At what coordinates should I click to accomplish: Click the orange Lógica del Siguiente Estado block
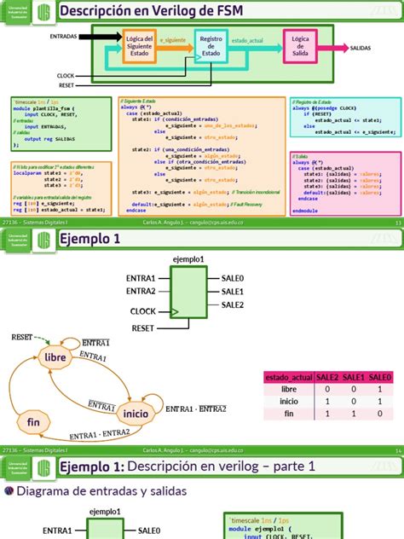pos(139,46)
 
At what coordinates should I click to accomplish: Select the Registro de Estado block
pos(211,46)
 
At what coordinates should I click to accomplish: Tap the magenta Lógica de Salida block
pos(300,46)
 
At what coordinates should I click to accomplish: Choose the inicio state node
pos(136,413)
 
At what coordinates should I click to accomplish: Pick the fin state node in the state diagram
pos(34,421)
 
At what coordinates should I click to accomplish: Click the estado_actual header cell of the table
pos(289,376)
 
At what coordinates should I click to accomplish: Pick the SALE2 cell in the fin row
pos(328,414)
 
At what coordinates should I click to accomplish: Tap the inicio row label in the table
pos(289,401)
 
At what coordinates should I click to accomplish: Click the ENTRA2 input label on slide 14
pos(141,292)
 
